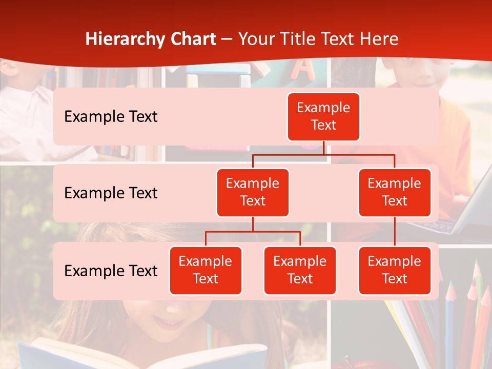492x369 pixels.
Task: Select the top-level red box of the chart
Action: coord(323,116)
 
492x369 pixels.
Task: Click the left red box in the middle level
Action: coord(253,192)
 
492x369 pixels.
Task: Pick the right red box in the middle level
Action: coord(395,192)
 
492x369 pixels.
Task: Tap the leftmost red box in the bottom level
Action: coord(206,270)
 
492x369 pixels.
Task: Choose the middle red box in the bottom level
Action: coord(300,270)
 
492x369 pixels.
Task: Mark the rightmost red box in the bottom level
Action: coord(395,270)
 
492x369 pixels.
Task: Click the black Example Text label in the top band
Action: coord(111,116)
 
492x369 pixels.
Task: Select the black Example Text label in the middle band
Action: coord(111,193)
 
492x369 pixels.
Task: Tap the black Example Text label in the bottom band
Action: coord(111,271)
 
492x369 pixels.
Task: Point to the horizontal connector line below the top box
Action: coord(323,154)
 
